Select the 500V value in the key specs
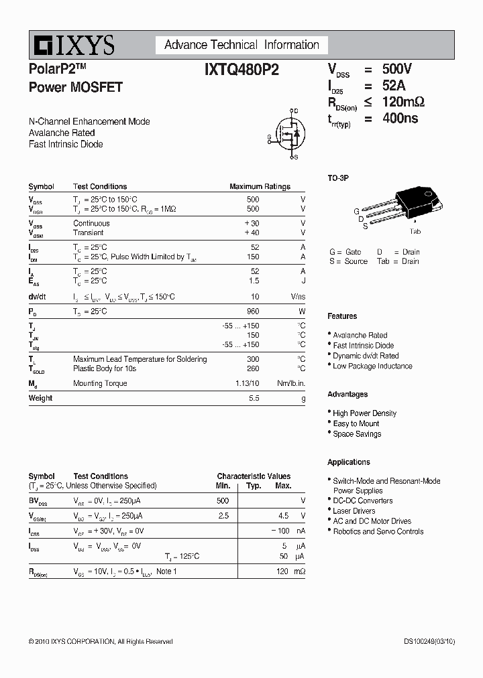click(x=397, y=69)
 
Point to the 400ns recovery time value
click(x=400, y=118)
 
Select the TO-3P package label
click(x=338, y=178)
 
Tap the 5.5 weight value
click(x=254, y=398)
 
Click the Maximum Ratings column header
click(x=260, y=187)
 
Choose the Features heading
click(x=342, y=316)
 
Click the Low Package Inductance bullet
click(x=372, y=366)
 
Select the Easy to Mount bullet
click(x=356, y=423)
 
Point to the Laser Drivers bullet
click(x=354, y=511)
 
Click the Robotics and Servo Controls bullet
click(x=378, y=531)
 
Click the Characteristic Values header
click(x=254, y=476)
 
